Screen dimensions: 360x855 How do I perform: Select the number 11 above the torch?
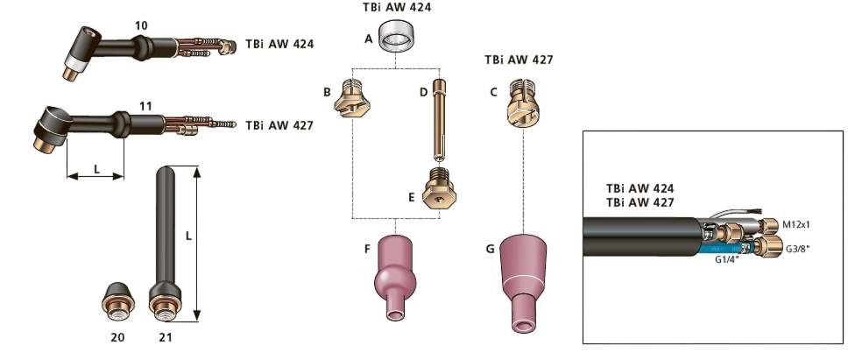point(145,106)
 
